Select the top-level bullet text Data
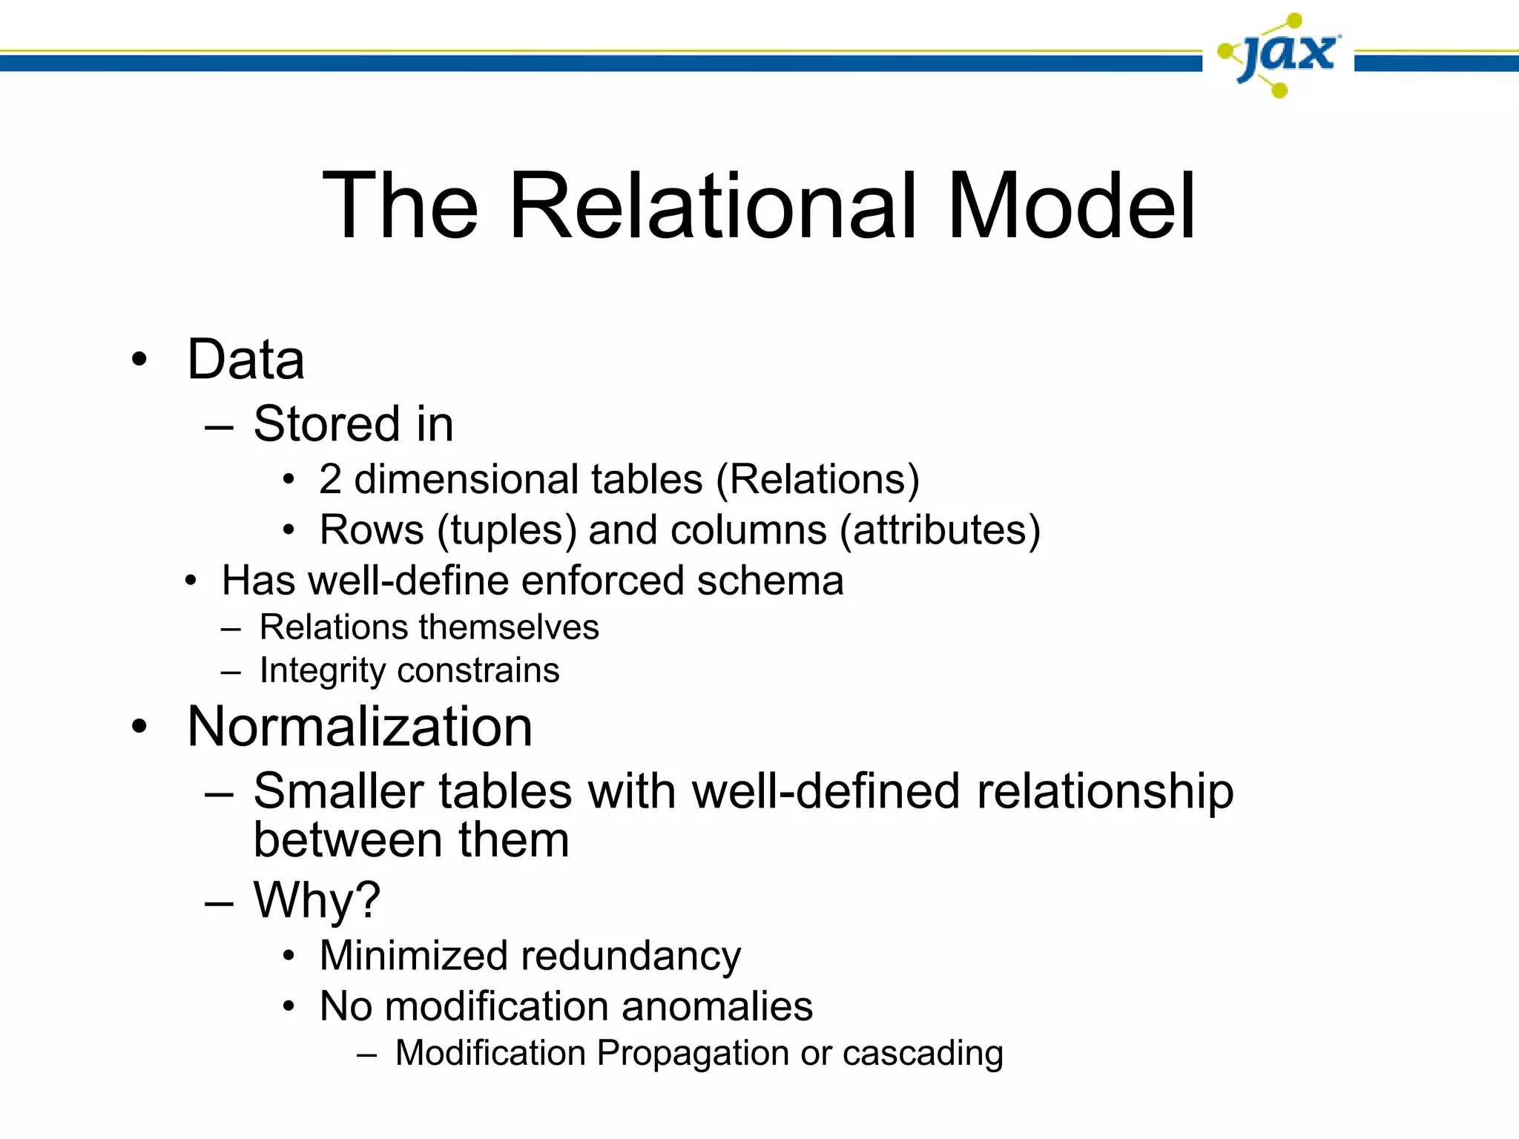[246, 360]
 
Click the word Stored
[327, 424]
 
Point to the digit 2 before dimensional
[330, 479]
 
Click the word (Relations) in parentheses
[817, 480]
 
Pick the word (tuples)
[507, 531]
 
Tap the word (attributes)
[940, 531]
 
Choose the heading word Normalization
[360, 727]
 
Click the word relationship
[1105, 792]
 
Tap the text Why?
[317, 900]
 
